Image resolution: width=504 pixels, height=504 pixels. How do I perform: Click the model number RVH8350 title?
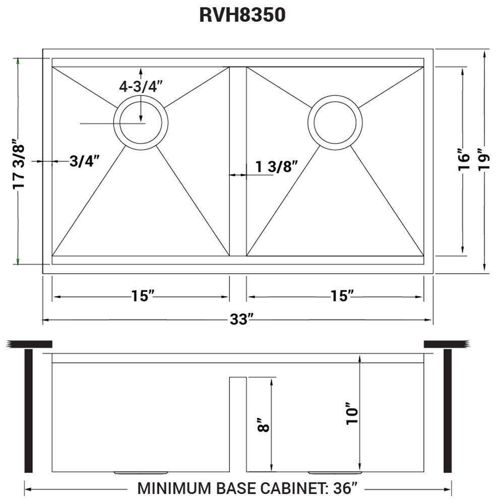(x=242, y=15)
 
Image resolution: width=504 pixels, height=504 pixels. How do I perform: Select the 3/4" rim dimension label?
(x=84, y=161)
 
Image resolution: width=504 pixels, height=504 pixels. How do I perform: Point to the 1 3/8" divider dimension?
(x=277, y=167)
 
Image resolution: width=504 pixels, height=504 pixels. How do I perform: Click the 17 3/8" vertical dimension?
(x=19, y=165)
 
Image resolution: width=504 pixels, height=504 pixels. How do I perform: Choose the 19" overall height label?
(x=484, y=160)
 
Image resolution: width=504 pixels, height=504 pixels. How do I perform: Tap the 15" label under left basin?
(x=142, y=296)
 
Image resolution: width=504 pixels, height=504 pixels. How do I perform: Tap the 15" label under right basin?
(x=343, y=296)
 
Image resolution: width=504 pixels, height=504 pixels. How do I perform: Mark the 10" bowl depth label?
(x=353, y=413)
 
